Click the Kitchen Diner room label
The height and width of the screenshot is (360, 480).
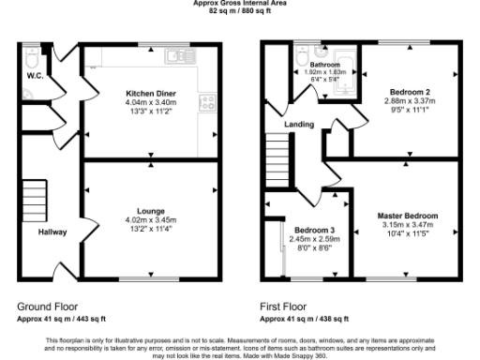[152, 94]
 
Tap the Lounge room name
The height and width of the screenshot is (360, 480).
[152, 212]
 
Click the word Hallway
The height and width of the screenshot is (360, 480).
[52, 232]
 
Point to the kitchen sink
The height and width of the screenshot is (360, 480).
[175, 57]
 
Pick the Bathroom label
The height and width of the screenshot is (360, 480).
[325, 64]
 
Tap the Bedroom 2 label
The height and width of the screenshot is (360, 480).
[407, 92]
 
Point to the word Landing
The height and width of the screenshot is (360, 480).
[299, 124]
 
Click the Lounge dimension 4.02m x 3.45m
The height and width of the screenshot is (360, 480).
[152, 220]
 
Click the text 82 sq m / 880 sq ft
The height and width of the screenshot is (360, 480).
[240, 10]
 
